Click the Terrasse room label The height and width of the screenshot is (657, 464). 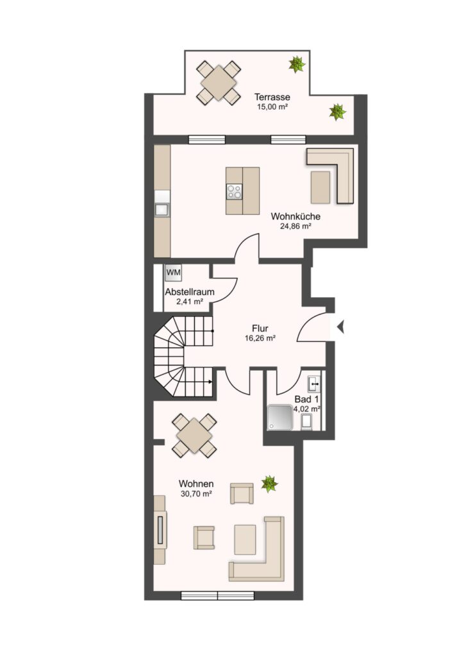pos(272,98)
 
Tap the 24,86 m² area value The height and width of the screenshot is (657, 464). pos(295,226)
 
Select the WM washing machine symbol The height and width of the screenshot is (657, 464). pos(173,273)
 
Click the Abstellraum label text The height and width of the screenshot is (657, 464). pos(190,292)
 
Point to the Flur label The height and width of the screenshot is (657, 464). pos(260,328)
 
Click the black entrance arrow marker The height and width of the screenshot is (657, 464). pos(340,327)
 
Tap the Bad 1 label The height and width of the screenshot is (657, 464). pos(306,399)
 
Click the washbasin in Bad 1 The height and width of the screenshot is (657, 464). pos(314,383)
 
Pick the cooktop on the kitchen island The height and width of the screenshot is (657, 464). pos(235,192)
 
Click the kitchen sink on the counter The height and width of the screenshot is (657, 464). pos(162,209)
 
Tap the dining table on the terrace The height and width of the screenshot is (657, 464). pos(219,83)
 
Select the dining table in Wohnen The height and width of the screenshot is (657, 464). pos(195,436)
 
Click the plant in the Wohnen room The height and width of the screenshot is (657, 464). pos(269,484)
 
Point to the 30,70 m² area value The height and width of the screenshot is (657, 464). pos(196,494)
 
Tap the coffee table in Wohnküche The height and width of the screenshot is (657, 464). pos(320,187)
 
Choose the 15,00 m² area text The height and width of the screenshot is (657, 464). pos(272,107)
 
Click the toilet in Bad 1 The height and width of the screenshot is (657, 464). pos(307,422)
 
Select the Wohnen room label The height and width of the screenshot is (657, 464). pos(196,484)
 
